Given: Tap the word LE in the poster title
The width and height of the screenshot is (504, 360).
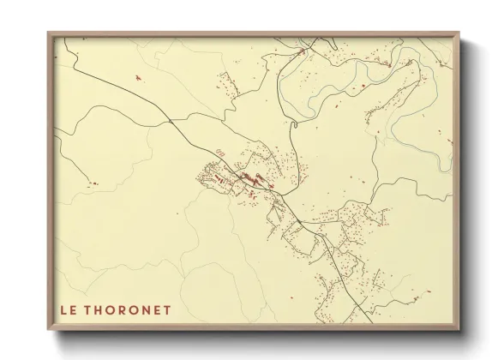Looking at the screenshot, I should tap(69, 309).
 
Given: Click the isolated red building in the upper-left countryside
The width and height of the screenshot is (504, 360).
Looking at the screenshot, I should tap(137, 79).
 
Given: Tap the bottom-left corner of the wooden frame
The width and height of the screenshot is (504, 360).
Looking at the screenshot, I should tap(49, 328).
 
